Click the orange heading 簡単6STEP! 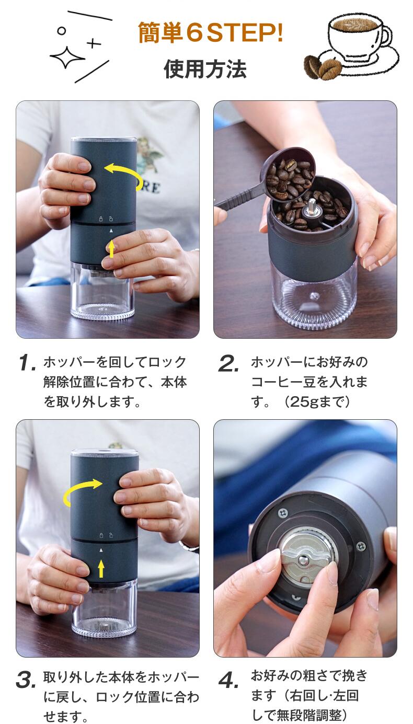tap(210, 32)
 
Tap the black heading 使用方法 tap(205, 69)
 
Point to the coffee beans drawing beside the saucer tap(323, 67)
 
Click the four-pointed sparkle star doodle tap(67, 57)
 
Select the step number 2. tap(228, 363)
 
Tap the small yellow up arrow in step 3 tap(101, 569)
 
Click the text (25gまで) tap(317, 402)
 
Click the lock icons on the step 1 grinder tap(106, 219)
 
